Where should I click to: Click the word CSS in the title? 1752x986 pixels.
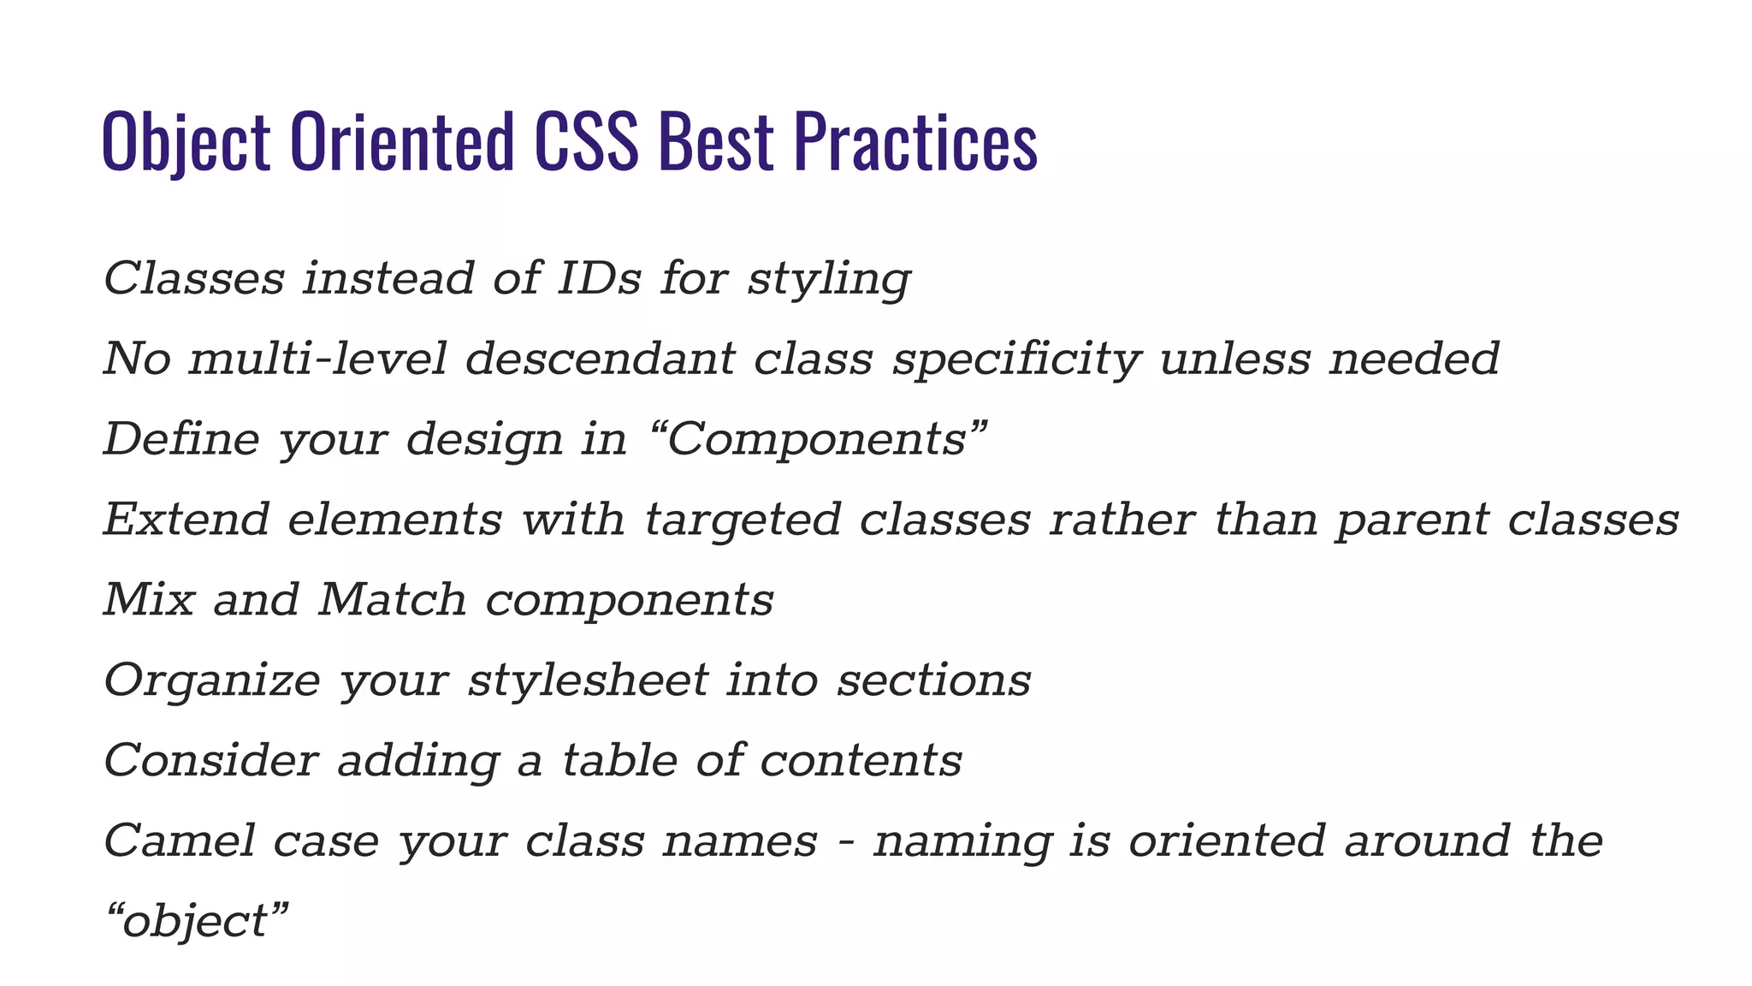tap(586, 142)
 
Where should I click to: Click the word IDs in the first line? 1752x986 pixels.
tap(599, 279)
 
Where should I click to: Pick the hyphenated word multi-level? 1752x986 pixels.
tap(317, 359)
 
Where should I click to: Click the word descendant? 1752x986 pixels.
tap(600, 359)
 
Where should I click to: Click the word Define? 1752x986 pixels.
tap(181, 439)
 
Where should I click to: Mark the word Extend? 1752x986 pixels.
tap(186, 520)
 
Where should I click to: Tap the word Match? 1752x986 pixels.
tap(392, 600)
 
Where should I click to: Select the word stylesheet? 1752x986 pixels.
tap(588, 680)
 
